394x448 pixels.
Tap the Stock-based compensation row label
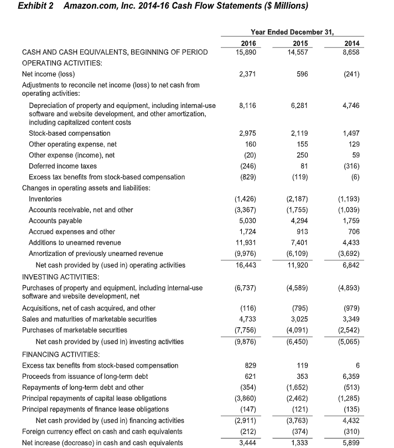tap(69, 133)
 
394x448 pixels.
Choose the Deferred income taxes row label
tap(63, 166)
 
